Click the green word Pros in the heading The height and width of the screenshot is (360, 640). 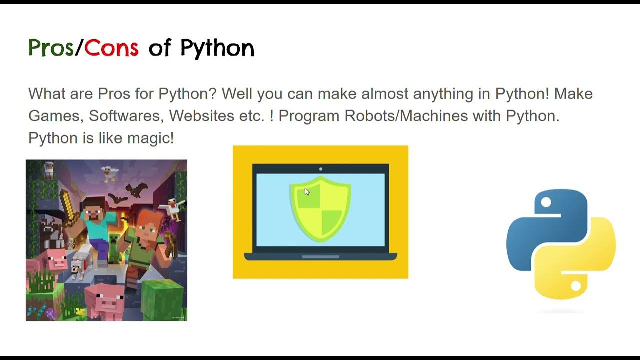(51, 48)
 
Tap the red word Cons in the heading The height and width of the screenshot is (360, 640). (111, 48)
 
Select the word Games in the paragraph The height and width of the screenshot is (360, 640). (54, 116)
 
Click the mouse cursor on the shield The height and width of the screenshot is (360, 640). (307, 191)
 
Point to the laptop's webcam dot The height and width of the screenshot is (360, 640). (320, 169)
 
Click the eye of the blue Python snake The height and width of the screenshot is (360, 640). (546, 202)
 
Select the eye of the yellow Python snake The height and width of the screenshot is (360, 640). (575, 286)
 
